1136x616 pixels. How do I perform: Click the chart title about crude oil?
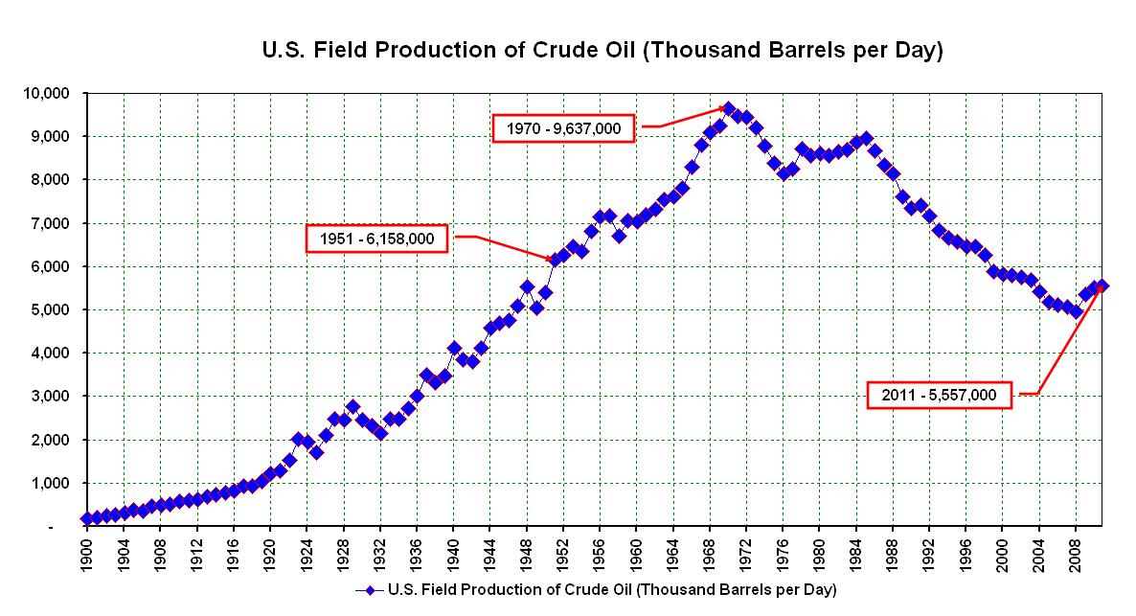[x=602, y=51]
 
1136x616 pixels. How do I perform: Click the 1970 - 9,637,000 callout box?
[x=564, y=128]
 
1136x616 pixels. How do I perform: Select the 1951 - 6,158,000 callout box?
[x=377, y=239]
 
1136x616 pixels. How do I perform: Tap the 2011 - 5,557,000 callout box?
[x=940, y=395]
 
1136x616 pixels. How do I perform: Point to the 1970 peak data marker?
[x=728, y=109]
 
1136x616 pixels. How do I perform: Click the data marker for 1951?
[x=554, y=260]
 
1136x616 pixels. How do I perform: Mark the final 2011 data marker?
[x=1102, y=285]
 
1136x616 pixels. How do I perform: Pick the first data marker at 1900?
[x=87, y=518]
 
